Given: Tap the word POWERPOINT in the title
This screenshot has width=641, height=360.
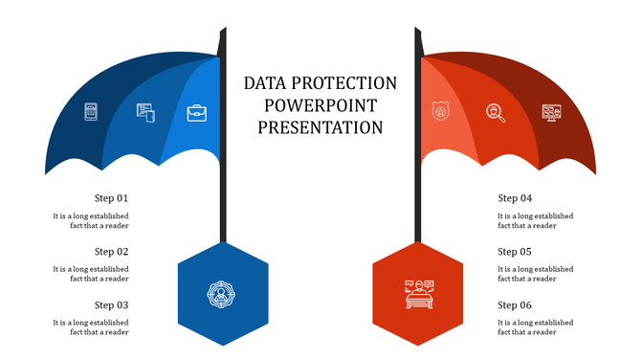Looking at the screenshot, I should pos(320,105).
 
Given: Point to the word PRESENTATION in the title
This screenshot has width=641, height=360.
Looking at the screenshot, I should pos(320,127).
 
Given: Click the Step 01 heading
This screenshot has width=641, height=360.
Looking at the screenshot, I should pos(111,198).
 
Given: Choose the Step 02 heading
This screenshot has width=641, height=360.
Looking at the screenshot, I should pos(111,252).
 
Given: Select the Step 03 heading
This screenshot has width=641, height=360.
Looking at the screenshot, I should pos(111,305).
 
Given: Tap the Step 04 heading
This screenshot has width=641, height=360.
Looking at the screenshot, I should pos(515,198).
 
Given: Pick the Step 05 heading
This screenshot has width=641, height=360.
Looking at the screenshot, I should pos(515,252).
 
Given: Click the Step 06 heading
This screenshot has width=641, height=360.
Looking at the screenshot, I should pos(515,305).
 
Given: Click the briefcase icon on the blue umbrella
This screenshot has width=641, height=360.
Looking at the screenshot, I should pos(197,114).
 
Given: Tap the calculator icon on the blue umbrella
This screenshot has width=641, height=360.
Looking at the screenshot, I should pos(92,112).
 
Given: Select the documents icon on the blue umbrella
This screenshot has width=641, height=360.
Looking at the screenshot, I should pos(145,113).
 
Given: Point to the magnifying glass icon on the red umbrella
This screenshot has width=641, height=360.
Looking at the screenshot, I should pos(496,113).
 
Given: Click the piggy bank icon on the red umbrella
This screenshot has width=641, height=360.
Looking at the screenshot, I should pos(441,113).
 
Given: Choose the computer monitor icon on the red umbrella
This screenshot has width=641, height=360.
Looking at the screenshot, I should pos(551,113).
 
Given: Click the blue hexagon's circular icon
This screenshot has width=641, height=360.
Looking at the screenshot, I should pos(222,293).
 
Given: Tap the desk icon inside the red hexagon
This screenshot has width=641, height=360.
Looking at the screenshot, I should pos(418,293).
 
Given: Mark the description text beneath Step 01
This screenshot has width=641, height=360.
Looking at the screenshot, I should pos(91,221).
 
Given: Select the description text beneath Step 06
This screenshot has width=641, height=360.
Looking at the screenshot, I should pos(536,328).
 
